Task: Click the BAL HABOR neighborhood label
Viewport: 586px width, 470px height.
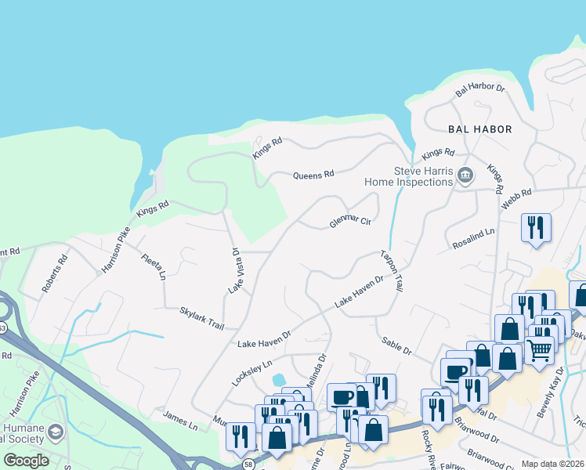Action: (479, 129)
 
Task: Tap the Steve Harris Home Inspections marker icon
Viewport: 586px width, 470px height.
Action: (465, 175)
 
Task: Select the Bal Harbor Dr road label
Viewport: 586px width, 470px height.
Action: (480, 88)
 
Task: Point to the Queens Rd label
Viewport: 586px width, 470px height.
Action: (313, 175)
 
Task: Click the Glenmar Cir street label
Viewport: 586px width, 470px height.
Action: (349, 222)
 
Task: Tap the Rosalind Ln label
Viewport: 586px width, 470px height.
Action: (474, 240)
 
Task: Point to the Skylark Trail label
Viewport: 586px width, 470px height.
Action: (201, 317)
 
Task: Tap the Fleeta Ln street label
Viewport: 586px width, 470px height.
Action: (154, 266)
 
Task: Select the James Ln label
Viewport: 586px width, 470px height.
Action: (180, 420)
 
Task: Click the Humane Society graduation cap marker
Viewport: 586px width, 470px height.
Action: (56, 431)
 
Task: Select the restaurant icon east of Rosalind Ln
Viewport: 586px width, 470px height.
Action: (536, 227)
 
